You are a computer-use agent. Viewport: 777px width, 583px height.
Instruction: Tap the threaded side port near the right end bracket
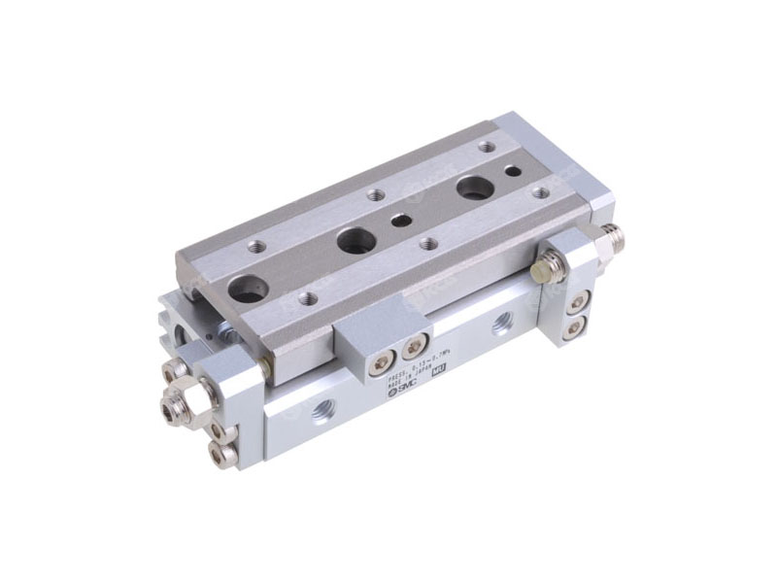501,324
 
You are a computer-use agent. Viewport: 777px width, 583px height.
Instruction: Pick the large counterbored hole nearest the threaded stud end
474,187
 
